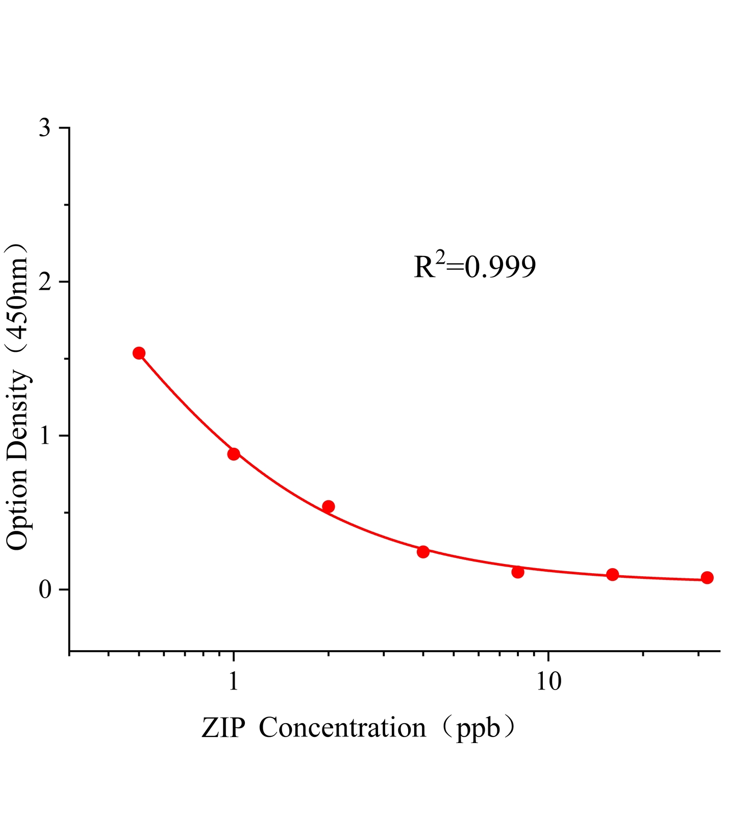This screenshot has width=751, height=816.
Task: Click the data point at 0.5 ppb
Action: (139, 353)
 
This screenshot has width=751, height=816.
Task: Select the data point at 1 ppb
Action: (234, 454)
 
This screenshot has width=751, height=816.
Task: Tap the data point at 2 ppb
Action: (329, 506)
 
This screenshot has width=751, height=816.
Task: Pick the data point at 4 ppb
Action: (423, 552)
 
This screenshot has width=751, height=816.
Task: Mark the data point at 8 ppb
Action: (518, 572)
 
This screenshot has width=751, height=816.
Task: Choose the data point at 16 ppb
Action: (613, 575)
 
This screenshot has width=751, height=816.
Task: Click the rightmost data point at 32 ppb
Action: (707, 578)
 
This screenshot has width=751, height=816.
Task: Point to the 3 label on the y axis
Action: (45, 128)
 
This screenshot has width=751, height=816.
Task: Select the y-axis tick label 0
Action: (45, 590)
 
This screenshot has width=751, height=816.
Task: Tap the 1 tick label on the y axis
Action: (45, 436)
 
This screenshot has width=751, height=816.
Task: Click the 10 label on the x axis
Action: (548, 681)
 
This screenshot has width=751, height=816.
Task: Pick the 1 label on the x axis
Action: (234, 681)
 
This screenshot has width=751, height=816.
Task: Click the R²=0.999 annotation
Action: (474, 266)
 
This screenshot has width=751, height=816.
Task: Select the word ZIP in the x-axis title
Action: (223, 728)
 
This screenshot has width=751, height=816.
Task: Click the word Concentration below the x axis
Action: (342, 728)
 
